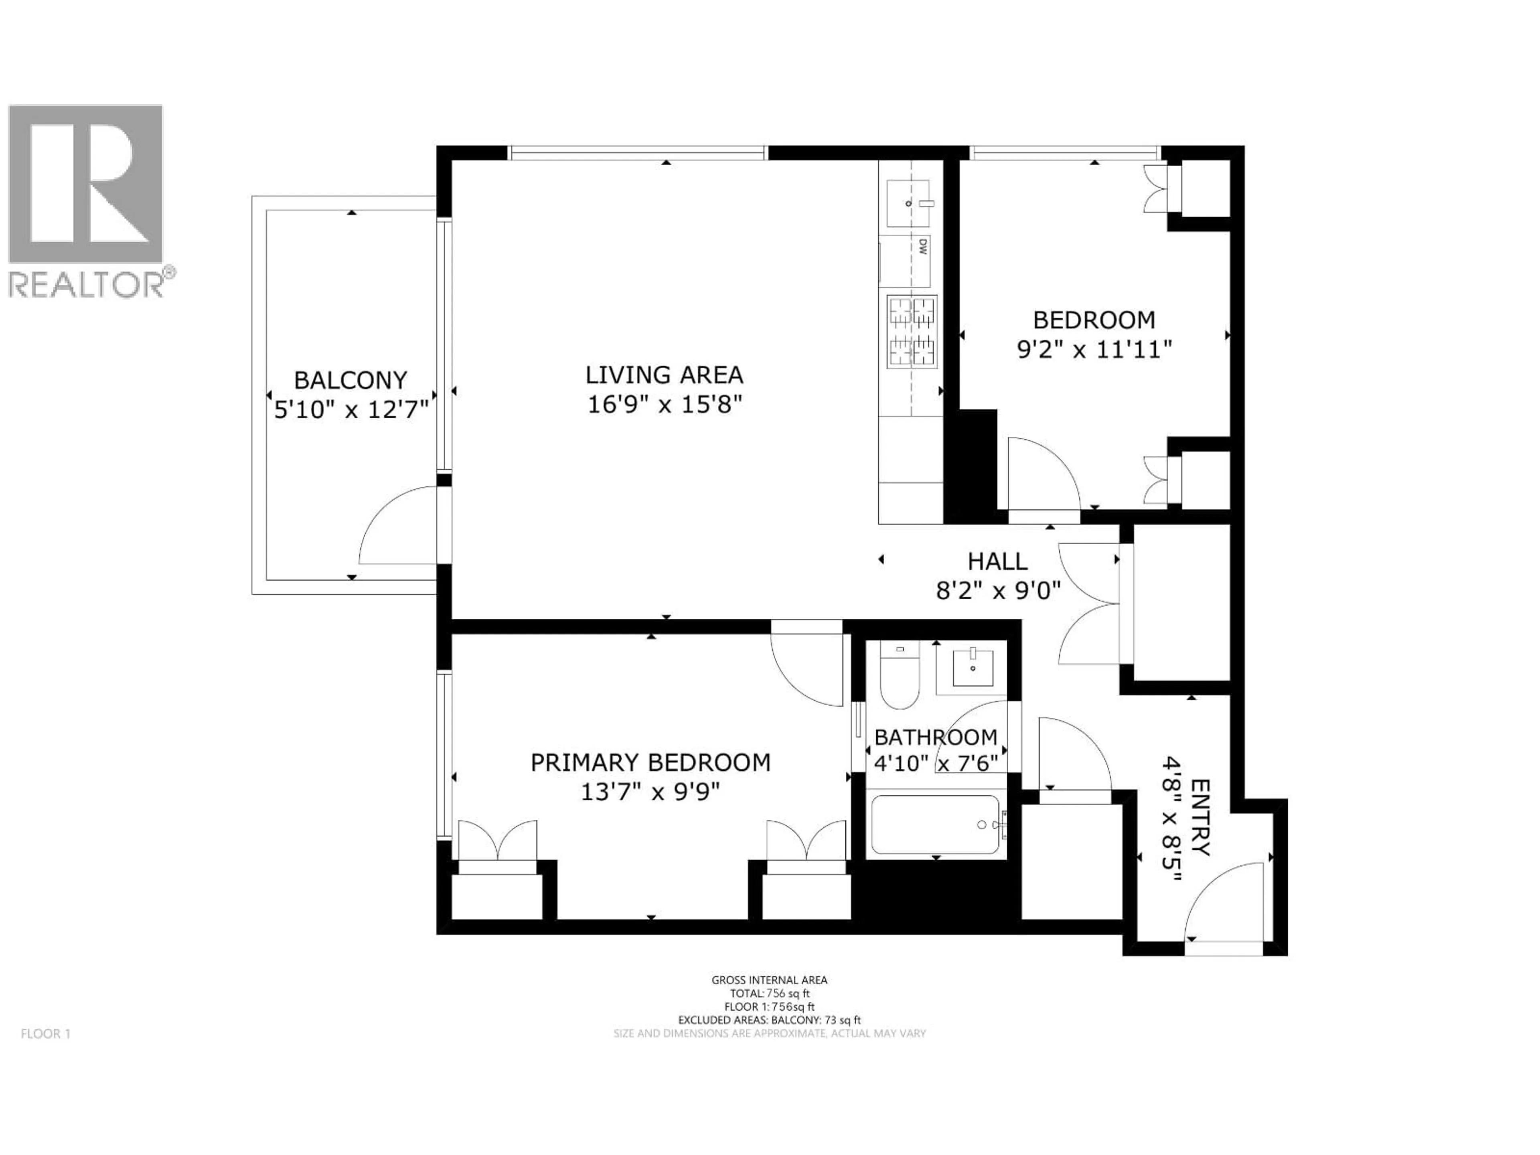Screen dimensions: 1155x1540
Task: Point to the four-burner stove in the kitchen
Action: tap(911, 331)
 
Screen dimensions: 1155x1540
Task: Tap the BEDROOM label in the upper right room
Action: tap(1094, 320)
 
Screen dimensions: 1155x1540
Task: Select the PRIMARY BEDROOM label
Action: tap(650, 763)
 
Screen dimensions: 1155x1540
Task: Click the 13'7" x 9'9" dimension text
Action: tap(650, 792)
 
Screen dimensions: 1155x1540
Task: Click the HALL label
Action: tap(997, 561)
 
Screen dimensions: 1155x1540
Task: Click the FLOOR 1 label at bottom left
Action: tap(46, 1034)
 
